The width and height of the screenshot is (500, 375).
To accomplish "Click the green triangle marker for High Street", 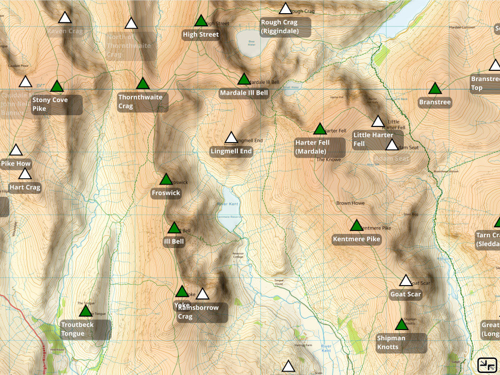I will point(201,21).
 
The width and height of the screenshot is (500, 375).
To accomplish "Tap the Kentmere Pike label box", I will point(356,239).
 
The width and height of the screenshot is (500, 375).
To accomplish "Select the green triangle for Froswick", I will point(166,180).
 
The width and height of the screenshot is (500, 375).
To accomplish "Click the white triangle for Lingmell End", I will point(231,138).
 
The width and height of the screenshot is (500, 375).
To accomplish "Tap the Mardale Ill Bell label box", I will point(244,93).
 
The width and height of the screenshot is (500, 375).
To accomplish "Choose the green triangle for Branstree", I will point(435,89).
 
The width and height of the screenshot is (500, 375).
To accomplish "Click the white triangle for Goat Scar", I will point(406,281).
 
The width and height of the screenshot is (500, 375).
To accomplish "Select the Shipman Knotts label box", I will point(401,343).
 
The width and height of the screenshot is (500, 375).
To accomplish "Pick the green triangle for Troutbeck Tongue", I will point(85,311).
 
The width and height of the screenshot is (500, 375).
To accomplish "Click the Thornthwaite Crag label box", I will point(143,102).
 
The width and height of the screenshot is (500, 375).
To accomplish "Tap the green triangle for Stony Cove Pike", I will point(57,87).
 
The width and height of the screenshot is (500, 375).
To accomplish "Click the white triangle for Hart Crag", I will point(25,174).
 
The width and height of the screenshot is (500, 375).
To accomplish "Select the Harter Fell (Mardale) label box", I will point(319,147).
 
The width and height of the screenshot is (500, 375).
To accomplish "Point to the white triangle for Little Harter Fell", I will point(378,122).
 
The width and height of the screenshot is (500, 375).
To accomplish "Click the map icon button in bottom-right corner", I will point(487,364).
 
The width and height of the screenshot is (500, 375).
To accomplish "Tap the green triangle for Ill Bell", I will point(174,228).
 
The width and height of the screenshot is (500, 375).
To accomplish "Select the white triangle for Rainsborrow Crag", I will point(203,294).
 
